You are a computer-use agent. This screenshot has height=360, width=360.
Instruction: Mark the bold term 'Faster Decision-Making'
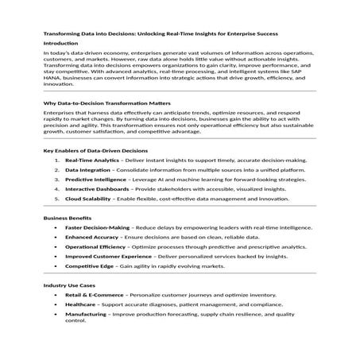(97, 227)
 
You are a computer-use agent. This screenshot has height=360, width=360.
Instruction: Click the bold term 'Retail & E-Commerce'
(93, 294)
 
